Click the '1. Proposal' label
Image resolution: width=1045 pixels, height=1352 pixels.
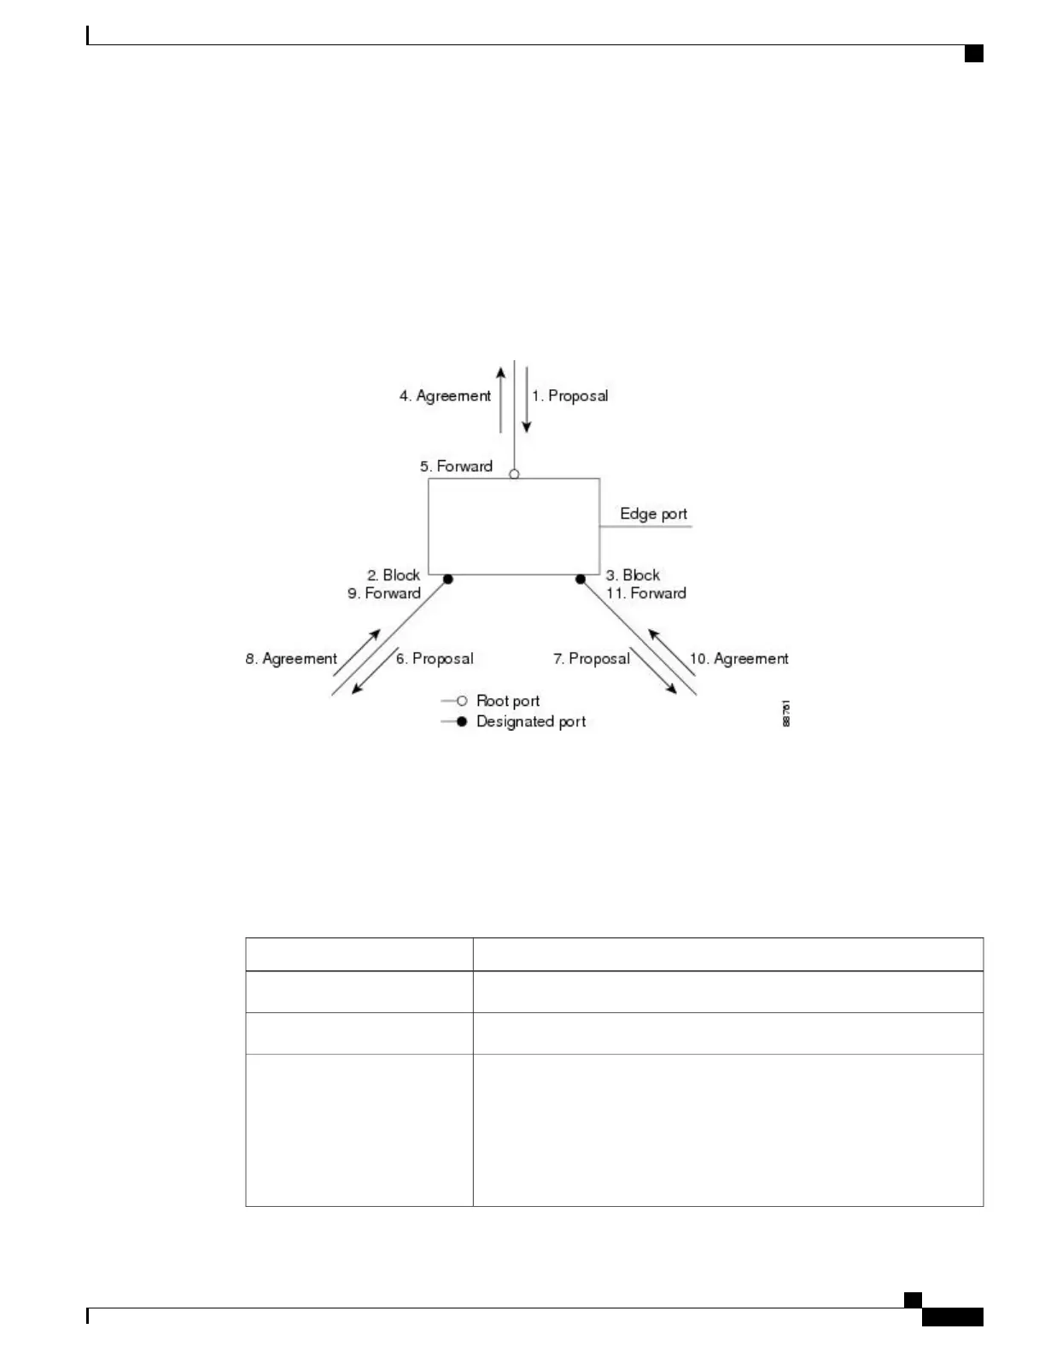(x=569, y=396)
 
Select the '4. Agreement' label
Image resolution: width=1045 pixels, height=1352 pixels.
(x=445, y=396)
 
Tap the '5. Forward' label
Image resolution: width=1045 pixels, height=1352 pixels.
(x=456, y=466)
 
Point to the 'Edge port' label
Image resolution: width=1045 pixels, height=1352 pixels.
(x=653, y=514)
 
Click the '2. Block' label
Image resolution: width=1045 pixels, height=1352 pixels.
(x=394, y=575)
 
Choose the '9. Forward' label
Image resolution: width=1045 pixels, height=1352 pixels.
(x=384, y=593)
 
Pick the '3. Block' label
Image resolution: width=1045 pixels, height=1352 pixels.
(x=633, y=575)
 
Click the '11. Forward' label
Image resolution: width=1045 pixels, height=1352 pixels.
(x=646, y=593)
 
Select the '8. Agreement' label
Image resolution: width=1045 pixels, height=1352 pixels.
(x=291, y=659)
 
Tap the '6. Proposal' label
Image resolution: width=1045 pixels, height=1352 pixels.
(x=434, y=659)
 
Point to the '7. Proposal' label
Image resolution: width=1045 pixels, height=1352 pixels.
(x=591, y=659)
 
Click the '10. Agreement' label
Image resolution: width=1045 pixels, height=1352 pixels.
(x=739, y=659)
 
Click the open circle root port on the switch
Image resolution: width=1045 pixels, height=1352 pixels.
(x=514, y=474)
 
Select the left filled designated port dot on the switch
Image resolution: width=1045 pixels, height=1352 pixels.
(x=447, y=580)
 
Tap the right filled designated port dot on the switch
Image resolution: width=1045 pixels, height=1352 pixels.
(x=581, y=580)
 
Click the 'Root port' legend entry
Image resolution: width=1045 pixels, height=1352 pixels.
(x=507, y=701)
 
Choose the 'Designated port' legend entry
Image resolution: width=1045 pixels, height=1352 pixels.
(x=530, y=722)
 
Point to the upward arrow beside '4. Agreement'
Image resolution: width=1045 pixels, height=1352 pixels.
(x=501, y=399)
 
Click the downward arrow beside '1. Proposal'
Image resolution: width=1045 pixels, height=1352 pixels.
(x=526, y=399)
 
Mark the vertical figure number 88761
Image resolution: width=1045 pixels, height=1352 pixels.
(x=786, y=714)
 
